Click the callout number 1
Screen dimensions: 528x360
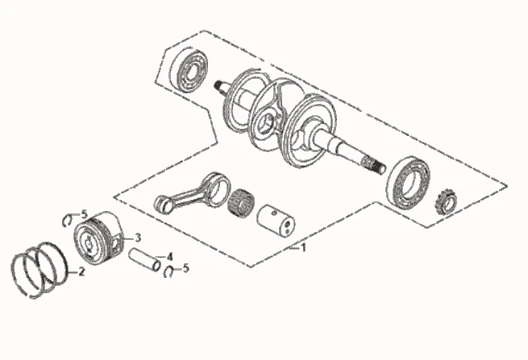pos(303,248)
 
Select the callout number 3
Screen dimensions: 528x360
pos(138,238)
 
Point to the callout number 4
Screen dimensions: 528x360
pos(169,257)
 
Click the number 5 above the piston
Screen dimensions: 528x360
pos(83,213)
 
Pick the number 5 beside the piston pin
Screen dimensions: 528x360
pos(185,268)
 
